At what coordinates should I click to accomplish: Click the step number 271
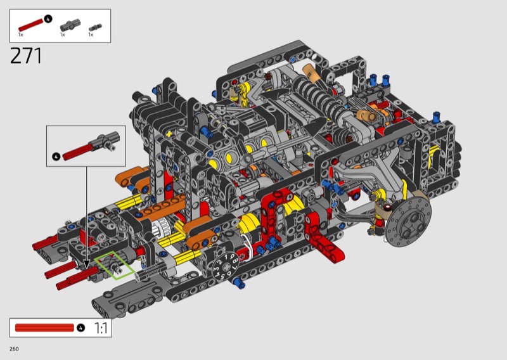click(x=26, y=56)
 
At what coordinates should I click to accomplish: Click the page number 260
click(x=14, y=349)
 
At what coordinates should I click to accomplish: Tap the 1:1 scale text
click(x=101, y=328)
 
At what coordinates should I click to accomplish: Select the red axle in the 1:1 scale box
click(x=44, y=328)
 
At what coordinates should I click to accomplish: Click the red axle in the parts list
click(x=30, y=25)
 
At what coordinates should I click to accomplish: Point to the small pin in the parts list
click(x=96, y=27)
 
